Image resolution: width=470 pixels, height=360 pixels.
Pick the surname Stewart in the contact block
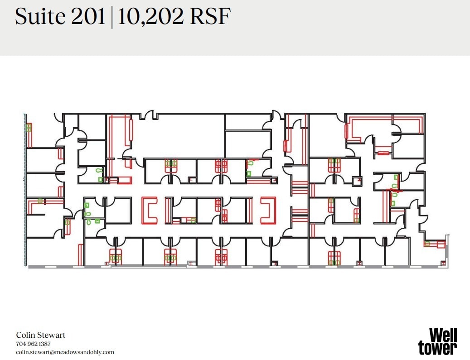53,336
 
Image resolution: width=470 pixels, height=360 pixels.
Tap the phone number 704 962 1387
37,344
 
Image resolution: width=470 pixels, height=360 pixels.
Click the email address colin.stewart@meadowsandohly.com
65,352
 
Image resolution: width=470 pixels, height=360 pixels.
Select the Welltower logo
437,341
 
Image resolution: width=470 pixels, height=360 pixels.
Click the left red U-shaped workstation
150,210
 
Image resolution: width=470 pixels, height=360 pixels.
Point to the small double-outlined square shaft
357,181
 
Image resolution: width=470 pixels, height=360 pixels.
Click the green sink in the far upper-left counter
29,128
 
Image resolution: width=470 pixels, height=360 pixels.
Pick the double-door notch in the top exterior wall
149,116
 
